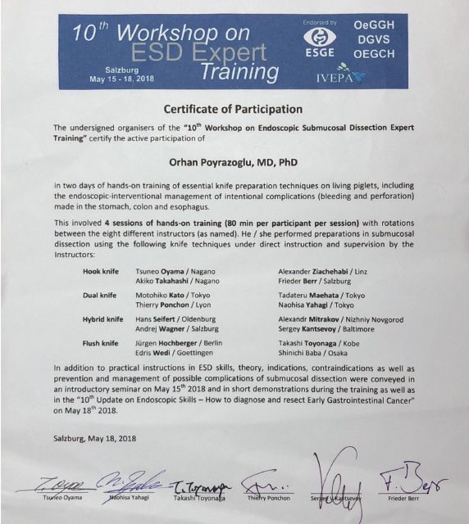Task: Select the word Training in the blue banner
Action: pyautogui.click(x=239, y=72)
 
